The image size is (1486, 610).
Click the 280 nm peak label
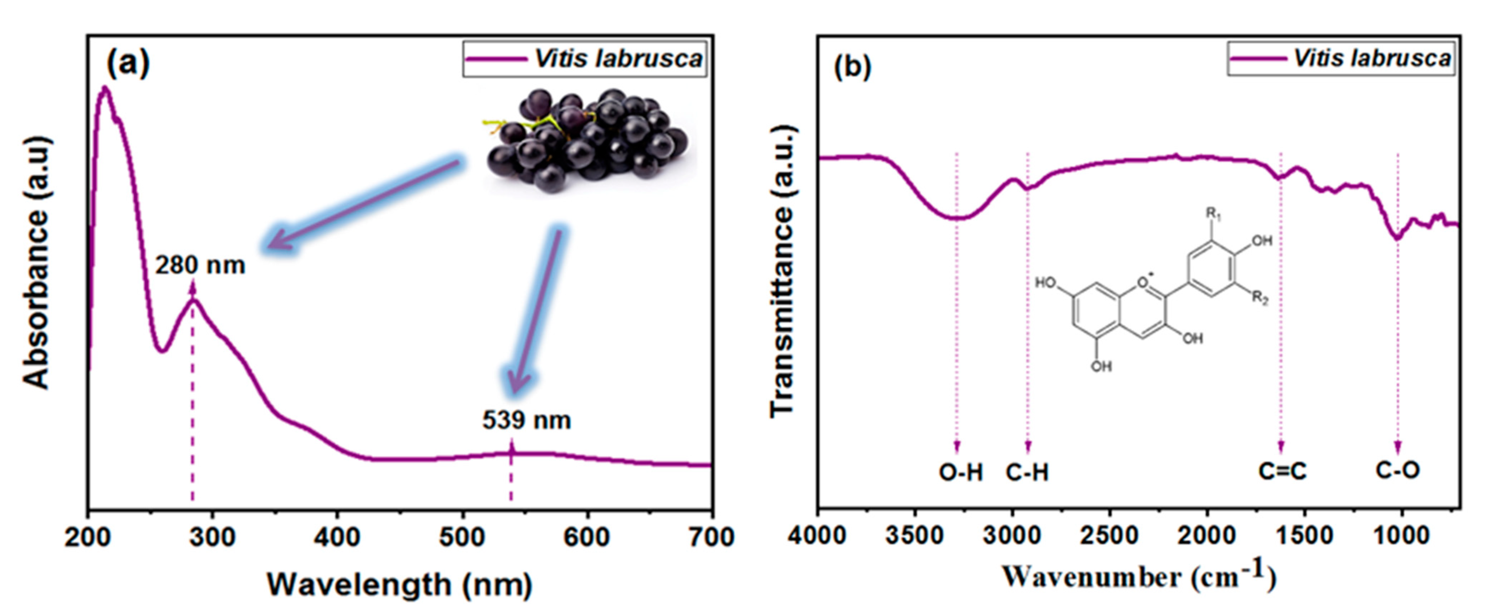200,265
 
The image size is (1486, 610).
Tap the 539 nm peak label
527,420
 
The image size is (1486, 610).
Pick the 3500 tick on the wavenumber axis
914,537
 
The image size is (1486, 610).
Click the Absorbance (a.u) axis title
36,262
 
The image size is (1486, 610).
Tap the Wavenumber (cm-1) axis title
1139,577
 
